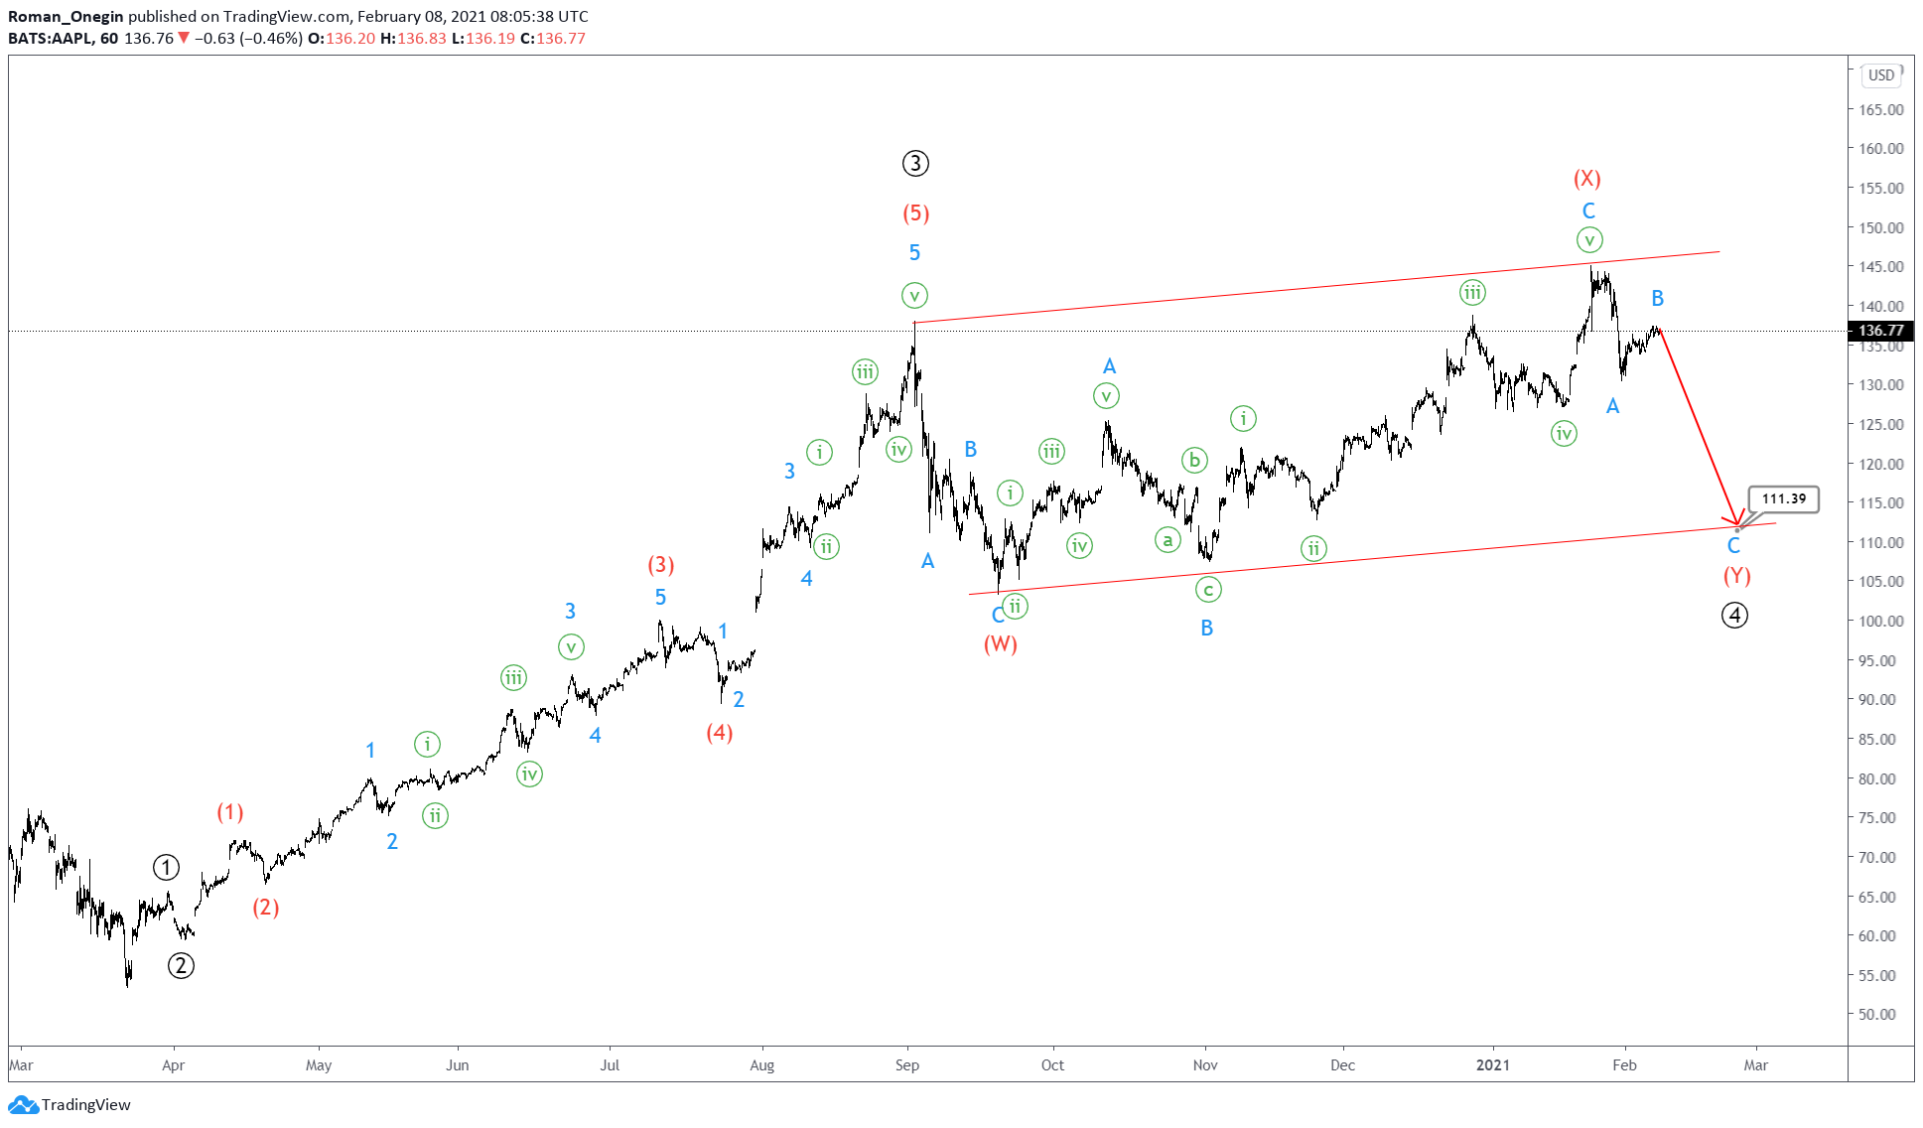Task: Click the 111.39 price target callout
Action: coord(1784,498)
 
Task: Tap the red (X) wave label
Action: coord(1586,179)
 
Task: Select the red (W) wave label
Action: coord(1000,644)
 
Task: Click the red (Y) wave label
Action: coord(1736,576)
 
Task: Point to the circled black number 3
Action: coord(915,163)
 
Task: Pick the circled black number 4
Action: coord(1734,616)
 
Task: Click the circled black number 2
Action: coord(181,965)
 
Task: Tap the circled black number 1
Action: coord(166,868)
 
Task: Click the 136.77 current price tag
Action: coord(1880,331)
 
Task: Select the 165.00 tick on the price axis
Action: coord(1881,109)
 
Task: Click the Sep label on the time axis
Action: coord(906,1065)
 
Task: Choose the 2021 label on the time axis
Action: coord(1492,1065)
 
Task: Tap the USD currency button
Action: coord(1880,75)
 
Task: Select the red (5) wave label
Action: coord(915,212)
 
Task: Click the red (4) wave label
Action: coord(719,733)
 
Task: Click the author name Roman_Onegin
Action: coord(66,17)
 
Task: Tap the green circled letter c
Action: coord(1207,590)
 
